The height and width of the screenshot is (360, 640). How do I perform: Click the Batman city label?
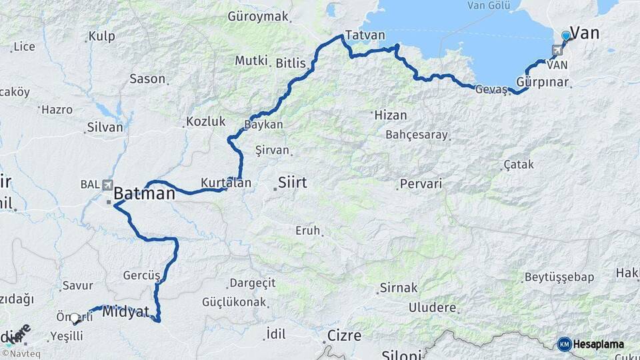pos(145,194)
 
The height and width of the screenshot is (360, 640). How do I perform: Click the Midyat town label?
pos(126,311)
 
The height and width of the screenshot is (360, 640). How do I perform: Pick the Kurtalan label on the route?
pos(227,183)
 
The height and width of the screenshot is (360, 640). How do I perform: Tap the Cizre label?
pos(344,335)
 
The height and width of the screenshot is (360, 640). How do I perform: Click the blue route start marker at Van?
pos(566,35)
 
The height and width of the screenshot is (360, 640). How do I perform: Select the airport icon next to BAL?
pos(108,185)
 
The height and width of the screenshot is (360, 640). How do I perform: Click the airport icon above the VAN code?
pos(557,51)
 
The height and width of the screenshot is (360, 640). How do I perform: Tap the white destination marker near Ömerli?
pos(75,319)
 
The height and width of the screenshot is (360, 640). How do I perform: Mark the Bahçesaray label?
pos(417,135)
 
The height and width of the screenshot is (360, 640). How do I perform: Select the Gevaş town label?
pos(491,89)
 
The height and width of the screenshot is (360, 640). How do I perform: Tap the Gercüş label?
pos(141,275)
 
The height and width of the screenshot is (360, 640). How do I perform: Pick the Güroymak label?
pos(258,16)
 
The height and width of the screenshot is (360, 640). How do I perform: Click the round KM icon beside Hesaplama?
pos(565,344)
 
